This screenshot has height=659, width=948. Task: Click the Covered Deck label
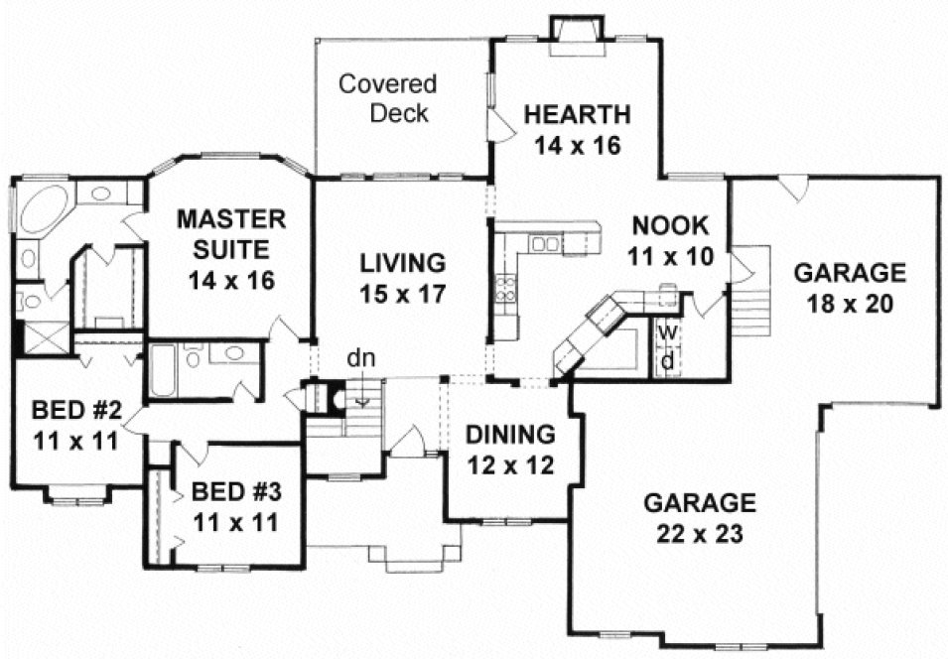click(x=387, y=97)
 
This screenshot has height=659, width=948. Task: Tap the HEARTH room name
click(x=577, y=112)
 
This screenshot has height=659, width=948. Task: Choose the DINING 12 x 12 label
click(x=509, y=448)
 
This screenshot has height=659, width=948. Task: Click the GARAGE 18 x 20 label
click(x=849, y=287)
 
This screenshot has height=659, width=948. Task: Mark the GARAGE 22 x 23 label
click(x=700, y=518)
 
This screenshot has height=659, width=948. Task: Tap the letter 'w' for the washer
click(x=668, y=329)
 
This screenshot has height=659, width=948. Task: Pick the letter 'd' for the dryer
click(x=668, y=360)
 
